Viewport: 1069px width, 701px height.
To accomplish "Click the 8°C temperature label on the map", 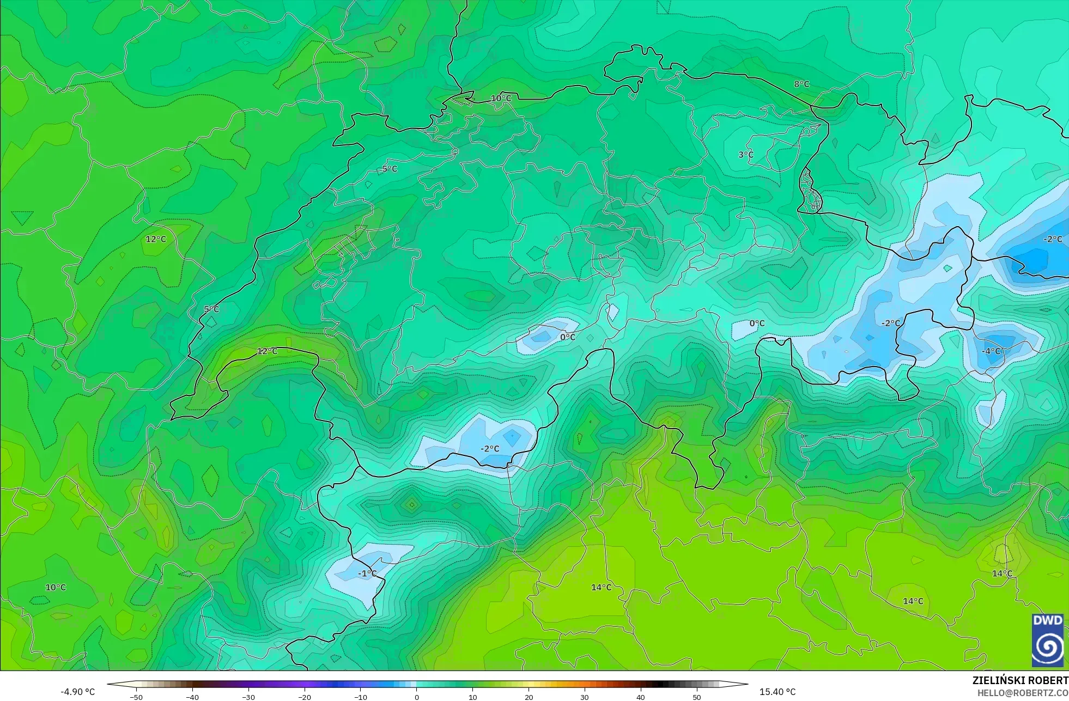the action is [801, 84].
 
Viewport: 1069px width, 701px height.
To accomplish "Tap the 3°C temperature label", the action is [746, 155].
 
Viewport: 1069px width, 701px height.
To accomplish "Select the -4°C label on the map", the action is [991, 351].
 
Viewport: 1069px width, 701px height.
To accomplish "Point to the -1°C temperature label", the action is [367, 574].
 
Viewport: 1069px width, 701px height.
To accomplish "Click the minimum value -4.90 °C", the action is [77, 692].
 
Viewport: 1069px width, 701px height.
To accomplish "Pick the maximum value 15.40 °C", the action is [778, 692].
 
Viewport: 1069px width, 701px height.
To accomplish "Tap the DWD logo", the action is [1047, 640].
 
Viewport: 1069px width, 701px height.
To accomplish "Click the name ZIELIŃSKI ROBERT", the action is [1020, 680].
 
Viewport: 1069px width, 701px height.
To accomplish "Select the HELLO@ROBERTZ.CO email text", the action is [1023, 693].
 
